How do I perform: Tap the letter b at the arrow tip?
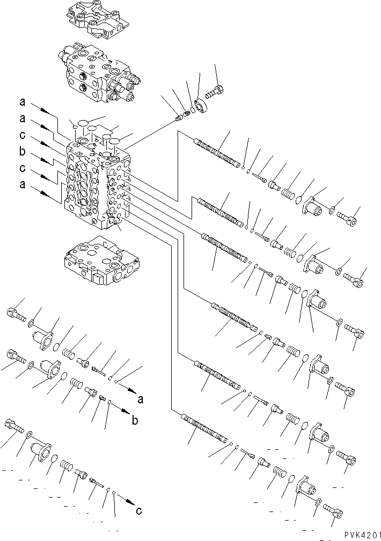tap(135, 420)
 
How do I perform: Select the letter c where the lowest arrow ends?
tap(139, 510)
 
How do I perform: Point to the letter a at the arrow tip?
tap(141, 399)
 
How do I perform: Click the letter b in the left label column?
tap(22, 152)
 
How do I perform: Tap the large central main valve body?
tap(97, 182)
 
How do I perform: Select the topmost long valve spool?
tap(217, 152)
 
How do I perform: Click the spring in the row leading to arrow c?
tap(65, 464)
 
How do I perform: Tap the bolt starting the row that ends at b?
tap(14, 356)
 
